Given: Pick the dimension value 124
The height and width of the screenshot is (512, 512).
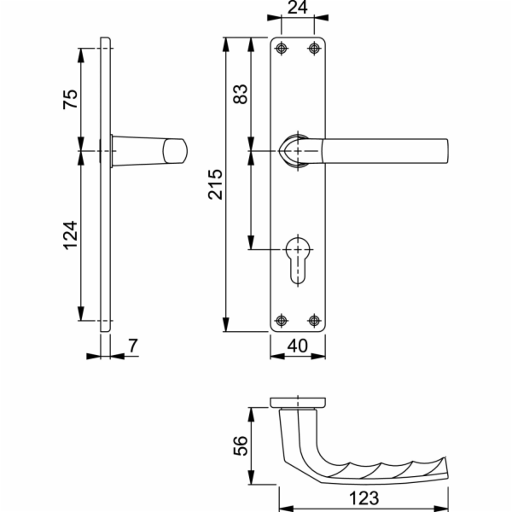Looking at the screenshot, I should tap(71, 236).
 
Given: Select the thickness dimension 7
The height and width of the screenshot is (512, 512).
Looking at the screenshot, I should tap(132, 346).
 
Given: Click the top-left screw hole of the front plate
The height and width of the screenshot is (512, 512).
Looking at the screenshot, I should tap(282, 48).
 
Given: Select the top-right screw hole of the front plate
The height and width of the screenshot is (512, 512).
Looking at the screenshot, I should tap(315, 48).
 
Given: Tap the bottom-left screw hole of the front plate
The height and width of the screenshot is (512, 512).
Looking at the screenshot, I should tap(282, 321).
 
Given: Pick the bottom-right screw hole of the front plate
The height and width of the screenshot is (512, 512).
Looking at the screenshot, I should tap(315, 321).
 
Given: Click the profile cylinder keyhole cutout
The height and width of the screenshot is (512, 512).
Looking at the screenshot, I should tap(298, 259).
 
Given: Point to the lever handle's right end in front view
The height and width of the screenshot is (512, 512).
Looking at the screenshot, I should tap(444, 151).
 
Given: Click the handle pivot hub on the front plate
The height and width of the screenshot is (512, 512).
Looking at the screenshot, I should tap(295, 151).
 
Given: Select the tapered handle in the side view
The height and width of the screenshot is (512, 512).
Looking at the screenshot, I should tap(149, 151).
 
